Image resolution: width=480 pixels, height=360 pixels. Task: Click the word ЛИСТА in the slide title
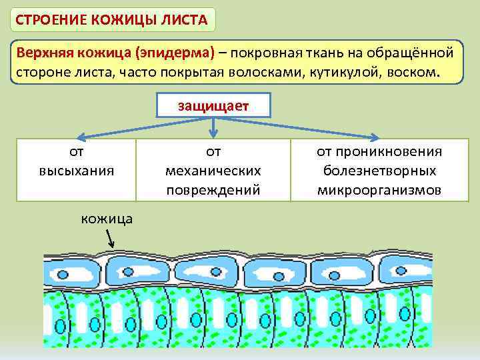(181, 19)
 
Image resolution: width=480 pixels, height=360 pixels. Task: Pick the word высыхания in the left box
(76, 170)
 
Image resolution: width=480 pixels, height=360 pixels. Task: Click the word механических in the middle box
(213, 170)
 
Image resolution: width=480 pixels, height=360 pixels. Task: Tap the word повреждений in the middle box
(213, 189)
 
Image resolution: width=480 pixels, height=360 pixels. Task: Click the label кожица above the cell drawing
(107, 218)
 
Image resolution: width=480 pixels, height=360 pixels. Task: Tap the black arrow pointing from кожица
(111, 239)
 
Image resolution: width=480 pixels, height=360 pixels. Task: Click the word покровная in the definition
(269, 53)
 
